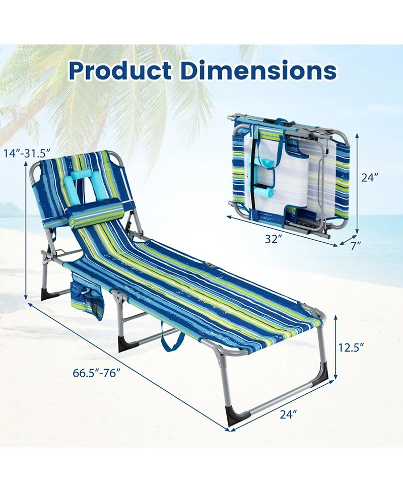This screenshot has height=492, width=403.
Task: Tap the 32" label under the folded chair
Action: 272,240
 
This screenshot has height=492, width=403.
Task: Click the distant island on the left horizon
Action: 11,210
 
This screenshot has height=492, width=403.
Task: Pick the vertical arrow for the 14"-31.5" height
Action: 25,232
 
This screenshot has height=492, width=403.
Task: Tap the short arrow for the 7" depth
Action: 347,239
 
